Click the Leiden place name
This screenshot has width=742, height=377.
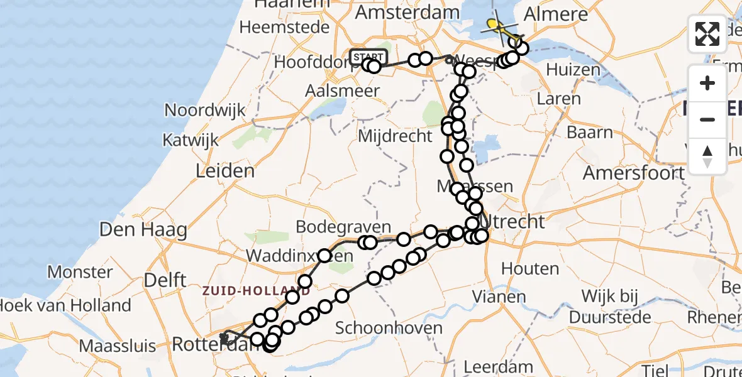pos(225,170)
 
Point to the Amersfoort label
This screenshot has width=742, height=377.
pos(633,172)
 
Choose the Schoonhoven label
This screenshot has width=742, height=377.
pos(389,327)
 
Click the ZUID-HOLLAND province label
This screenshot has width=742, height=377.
pos(256,291)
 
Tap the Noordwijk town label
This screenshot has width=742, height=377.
pos(205,111)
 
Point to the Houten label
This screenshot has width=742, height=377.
pos(531,269)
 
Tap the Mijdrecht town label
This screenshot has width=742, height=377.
pos(396,136)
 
